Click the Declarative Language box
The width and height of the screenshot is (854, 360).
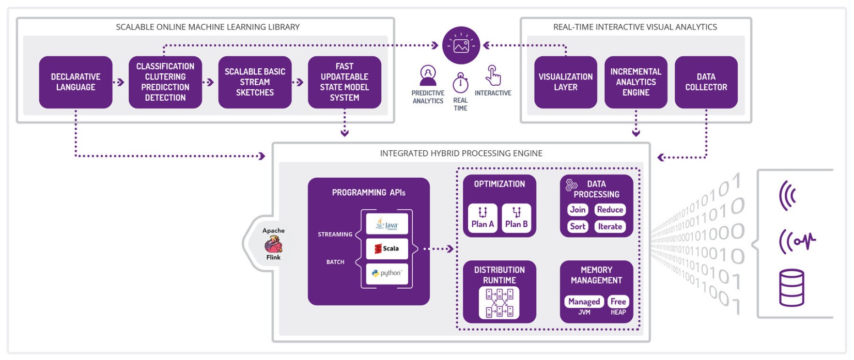point(75,82)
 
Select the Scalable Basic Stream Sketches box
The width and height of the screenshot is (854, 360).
point(255,82)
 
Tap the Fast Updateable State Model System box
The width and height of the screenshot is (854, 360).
point(345,82)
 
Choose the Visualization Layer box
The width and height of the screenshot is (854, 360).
point(566,82)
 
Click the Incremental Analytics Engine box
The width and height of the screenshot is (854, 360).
point(636,82)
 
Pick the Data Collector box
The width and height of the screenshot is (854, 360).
point(706,82)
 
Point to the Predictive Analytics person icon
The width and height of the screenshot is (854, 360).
point(428,75)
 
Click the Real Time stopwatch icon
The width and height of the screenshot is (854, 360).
point(460,83)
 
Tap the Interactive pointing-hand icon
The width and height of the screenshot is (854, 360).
point(493,75)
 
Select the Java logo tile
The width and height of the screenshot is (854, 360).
point(387,224)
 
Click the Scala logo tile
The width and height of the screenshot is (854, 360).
point(387,248)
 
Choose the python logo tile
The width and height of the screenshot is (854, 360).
point(387,273)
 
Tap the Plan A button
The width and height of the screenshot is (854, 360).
point(483,218)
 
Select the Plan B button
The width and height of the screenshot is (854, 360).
point(517,218)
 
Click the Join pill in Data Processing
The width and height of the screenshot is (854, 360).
point(578,210)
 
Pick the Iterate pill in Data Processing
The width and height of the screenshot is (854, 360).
point(610,226)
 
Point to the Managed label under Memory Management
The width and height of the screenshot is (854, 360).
point(584,302)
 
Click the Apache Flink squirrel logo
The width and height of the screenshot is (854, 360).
point(273,244)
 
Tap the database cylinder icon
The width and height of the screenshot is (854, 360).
point(791,288)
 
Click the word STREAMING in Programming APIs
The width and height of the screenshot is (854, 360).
point(335,234)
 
